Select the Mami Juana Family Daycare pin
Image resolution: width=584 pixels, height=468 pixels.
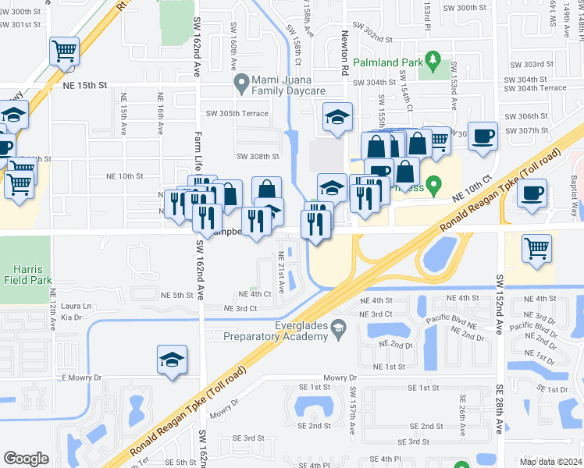coord(241,81)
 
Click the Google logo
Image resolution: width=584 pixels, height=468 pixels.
coord(27,459)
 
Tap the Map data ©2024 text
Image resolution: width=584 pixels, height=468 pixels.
coord(550,462)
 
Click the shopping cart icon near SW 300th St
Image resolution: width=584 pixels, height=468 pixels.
coord(64,51)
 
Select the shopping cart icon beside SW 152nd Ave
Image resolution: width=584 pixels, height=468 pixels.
coord(536,249)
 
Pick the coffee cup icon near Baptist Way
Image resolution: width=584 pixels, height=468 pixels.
coord(532,193)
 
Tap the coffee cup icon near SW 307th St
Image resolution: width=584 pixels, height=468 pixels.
coord(483,136)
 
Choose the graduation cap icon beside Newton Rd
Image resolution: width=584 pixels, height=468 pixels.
coord(337,118)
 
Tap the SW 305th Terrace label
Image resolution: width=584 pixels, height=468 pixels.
coord(237,113)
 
